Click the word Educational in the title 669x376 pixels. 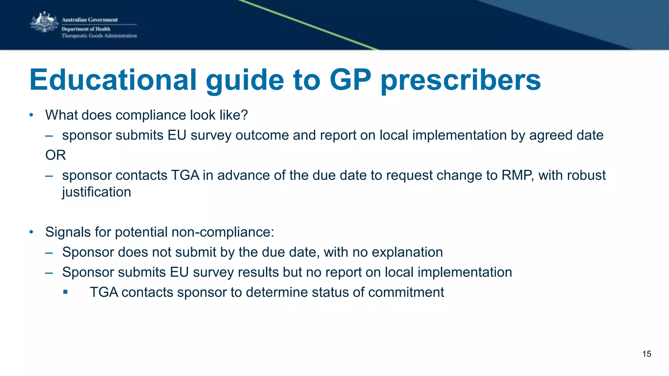[x=113, y=80]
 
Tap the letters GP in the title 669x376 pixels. [x=350, y=80]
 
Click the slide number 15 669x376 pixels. [x=646, y=354]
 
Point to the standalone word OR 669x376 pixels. [x=56, y=155]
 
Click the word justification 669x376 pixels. [x=97, y=192]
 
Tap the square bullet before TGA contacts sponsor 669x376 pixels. [x=65, y=292]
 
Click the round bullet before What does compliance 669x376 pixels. [x=31, y=115]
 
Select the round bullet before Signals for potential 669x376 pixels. [x=31, y=232]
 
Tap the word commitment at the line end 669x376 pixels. [x=406, y=292]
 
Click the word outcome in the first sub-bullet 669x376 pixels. [x=262, y=135]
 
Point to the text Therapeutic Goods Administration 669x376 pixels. [x=99, y=36]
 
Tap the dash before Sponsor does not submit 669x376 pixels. [x=49, y=252]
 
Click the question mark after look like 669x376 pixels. [x=245, y=115]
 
